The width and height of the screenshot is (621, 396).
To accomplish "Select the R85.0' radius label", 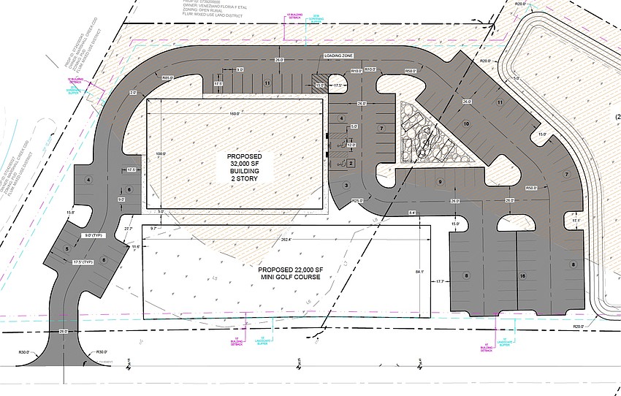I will (167, 78).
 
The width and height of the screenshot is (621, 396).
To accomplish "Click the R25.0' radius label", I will (357, 201).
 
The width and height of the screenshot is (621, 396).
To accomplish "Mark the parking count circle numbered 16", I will (522, 276).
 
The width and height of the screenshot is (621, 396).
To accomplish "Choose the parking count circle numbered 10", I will (465, 125).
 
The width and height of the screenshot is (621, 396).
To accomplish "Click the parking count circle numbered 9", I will (441, 181).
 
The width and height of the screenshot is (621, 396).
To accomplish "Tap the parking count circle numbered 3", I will (346, 186).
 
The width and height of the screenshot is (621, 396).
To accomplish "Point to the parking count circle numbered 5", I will (66, 249).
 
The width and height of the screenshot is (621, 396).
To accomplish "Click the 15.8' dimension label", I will (70, 213).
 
